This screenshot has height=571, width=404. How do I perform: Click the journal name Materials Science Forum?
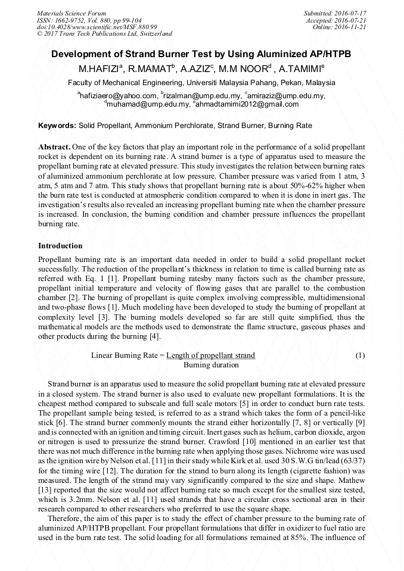72,13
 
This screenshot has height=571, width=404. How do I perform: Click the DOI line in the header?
97,27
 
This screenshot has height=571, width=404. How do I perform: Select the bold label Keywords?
57,126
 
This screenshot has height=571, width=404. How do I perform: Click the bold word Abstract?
54,146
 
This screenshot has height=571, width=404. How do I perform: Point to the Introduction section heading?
60,246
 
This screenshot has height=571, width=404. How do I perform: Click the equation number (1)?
360,355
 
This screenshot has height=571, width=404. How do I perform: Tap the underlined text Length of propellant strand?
210,355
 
